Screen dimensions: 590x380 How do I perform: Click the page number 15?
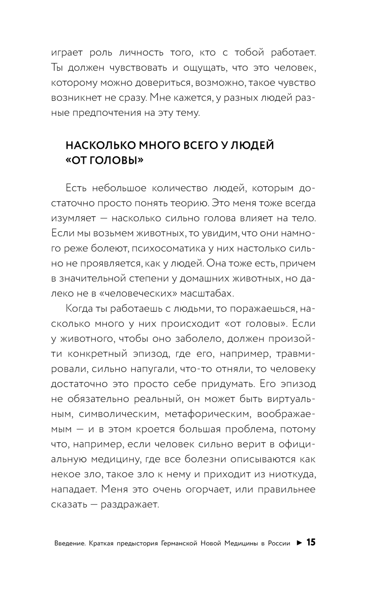click(311, 542)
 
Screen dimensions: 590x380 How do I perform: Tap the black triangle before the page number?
click(299, 543)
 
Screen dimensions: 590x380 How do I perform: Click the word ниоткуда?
click(288, 474)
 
